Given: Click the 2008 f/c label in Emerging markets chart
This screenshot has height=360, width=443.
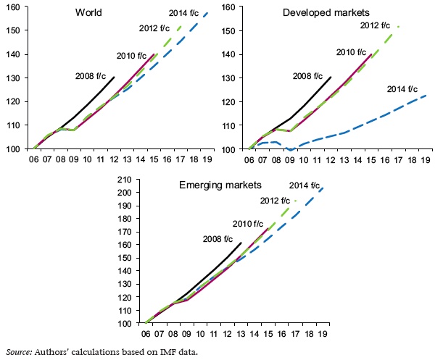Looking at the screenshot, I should pos(217,239).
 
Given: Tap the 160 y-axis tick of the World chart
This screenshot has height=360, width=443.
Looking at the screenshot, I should pos(15,7).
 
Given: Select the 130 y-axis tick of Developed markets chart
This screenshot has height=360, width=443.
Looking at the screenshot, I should pos(233,78).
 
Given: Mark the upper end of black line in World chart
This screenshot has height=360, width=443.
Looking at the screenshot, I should pos(115,77).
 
